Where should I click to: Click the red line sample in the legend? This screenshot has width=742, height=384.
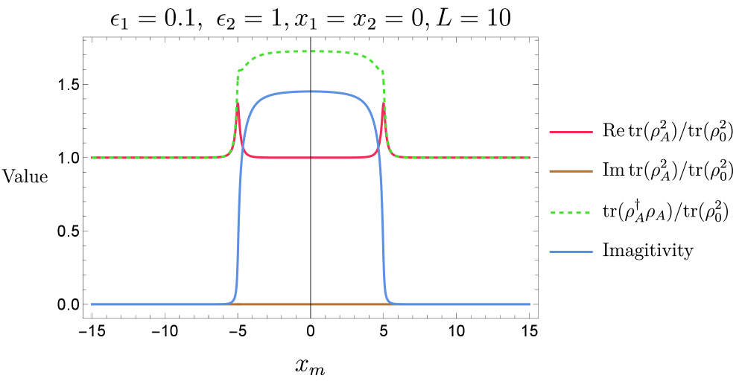click(571, 132)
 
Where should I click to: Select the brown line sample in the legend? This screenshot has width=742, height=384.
click(571, 171)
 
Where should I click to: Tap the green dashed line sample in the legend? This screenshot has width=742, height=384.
click(571, 213)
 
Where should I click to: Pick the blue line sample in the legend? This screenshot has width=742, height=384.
click(571, 252)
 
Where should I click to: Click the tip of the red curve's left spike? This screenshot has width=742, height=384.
click(238, 103)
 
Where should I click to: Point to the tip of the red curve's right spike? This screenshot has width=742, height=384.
click(384, 103)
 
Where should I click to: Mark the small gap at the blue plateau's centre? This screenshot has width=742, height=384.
click(311, 91)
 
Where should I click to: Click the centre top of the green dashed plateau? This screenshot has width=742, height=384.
click(311, 51)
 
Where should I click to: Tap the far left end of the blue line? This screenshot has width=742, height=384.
click(92, 304)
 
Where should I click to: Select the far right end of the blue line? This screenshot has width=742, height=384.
click(530, 304)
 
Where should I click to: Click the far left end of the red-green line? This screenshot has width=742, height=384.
click(92, 158)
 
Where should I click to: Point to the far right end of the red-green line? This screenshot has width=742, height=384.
click(530, 158)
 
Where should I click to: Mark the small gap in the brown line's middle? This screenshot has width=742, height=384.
click(311, 304)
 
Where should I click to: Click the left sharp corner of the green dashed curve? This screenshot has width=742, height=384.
click(238, 72)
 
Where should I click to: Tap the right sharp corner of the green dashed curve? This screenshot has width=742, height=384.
click(384, 72)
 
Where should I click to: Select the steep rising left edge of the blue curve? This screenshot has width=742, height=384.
click(238, 223)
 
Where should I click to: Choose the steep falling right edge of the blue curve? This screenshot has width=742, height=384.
click(383, 223)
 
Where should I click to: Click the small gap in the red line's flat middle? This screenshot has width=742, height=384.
click(311, 158)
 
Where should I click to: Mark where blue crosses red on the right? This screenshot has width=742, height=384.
click(378, 147)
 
